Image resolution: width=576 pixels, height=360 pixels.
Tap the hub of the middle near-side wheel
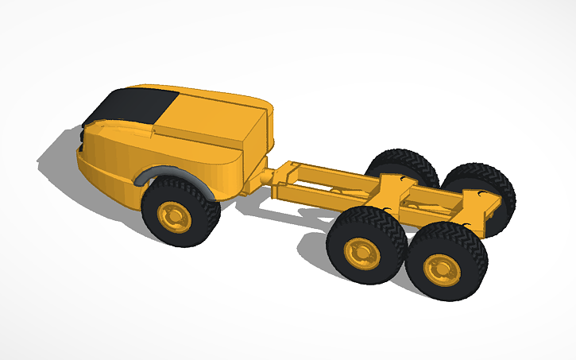point(361,253)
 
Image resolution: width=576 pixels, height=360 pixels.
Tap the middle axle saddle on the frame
point(389,188)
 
